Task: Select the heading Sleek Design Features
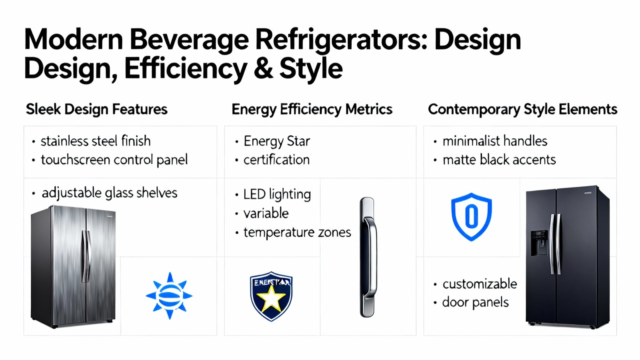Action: coord(96,110)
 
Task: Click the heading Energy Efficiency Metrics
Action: coord(312,110)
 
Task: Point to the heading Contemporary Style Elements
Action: coord(522,110)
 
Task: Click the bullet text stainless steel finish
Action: coord(96,141)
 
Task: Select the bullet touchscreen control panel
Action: coord(114,160)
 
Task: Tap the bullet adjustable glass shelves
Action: coord(110,194)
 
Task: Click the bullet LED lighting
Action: coord(277,194)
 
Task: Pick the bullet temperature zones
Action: coord(297,232)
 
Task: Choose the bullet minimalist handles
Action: coord(495,141)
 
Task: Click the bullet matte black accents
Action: coord(499,160)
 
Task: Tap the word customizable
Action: coord(480,284)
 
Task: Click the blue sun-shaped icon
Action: coord(170,296)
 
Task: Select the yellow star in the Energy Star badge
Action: coord(271,298)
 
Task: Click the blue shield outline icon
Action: coord(472,216)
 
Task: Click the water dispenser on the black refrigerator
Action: coord(540,243)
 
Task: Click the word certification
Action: coord(276,160)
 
